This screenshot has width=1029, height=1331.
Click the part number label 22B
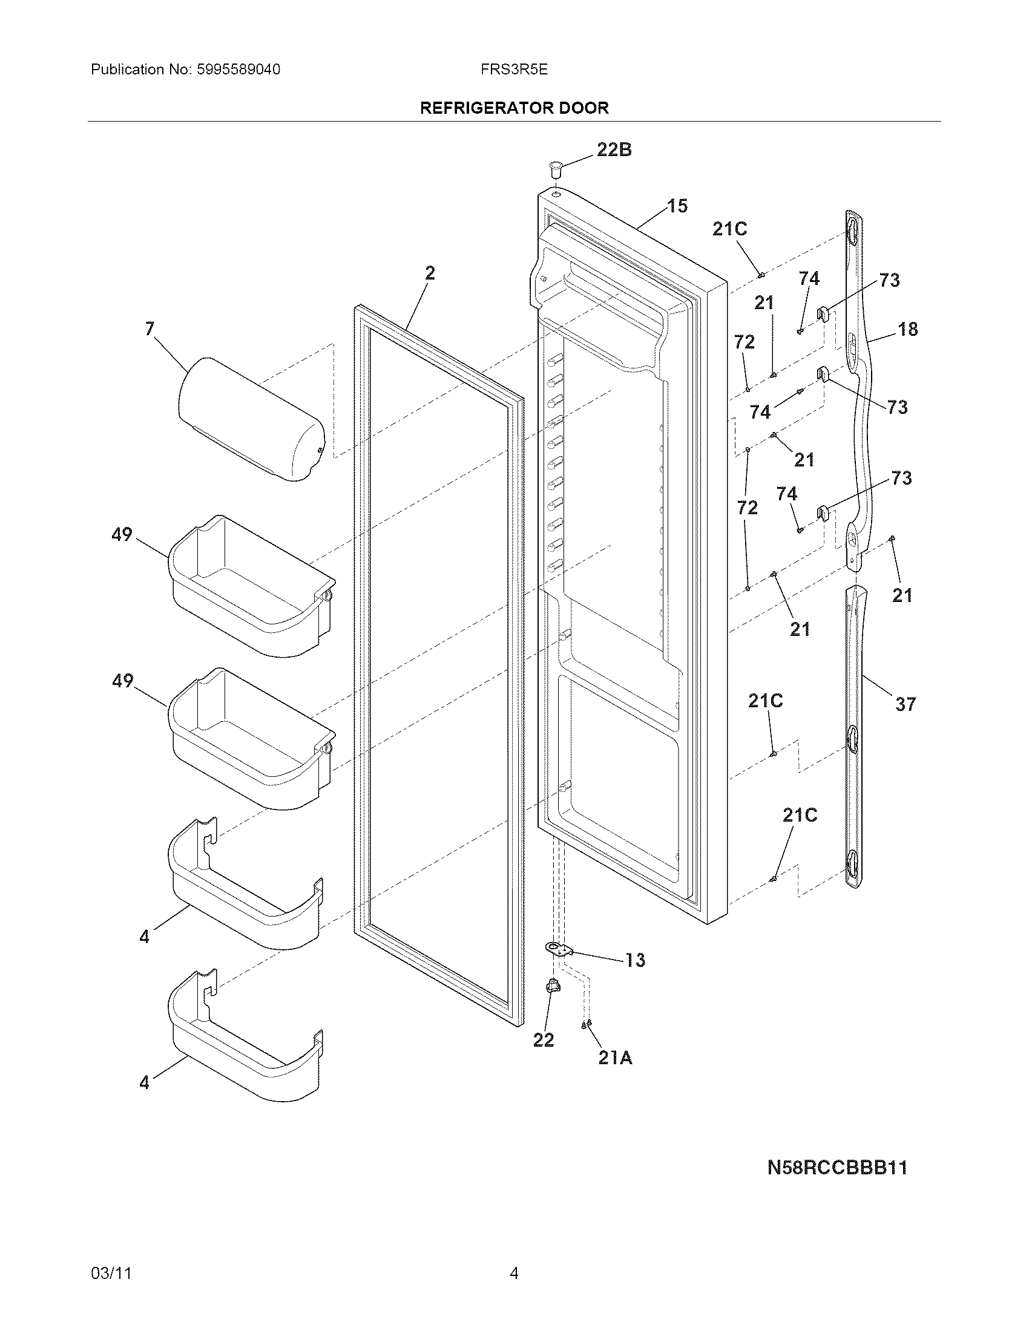coord(614,149)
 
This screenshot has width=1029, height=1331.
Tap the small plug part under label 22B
coord(554,168)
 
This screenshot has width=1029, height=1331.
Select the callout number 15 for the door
coord(677,206)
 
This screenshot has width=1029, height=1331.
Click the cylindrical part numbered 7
coord(251,419)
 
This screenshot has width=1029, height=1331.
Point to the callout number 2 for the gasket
coord(430,273)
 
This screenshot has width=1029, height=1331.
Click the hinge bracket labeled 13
coord(559,949)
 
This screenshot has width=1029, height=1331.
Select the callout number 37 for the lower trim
coord(906,704)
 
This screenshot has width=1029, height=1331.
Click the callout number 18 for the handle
coord(908,329)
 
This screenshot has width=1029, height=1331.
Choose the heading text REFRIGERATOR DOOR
coord(514,108)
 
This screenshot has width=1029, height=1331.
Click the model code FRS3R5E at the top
coord(514,70)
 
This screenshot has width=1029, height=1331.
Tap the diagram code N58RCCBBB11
coord(837,1168)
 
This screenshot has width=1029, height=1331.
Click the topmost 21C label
coord(730,229)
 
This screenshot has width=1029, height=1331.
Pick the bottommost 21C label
coord(799,816)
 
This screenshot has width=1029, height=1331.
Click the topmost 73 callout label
coord(889,280)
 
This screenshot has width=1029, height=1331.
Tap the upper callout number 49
coord(122,534)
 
